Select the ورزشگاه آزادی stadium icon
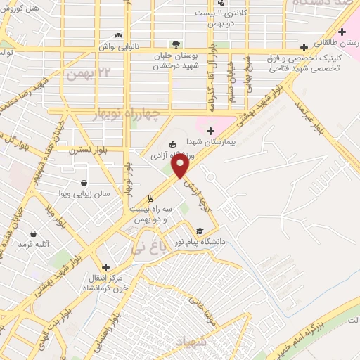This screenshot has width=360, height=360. coord(172,145)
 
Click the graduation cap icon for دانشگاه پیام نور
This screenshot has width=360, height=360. coord(200,231)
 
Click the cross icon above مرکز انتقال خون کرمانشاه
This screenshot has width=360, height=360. coord(105,267)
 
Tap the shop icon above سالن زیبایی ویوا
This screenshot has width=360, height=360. coord(84,183)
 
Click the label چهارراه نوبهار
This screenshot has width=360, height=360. coord(127,113)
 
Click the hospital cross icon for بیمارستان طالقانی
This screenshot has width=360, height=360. coord(342,32)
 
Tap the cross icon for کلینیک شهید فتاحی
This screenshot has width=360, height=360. coord(303,47)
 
